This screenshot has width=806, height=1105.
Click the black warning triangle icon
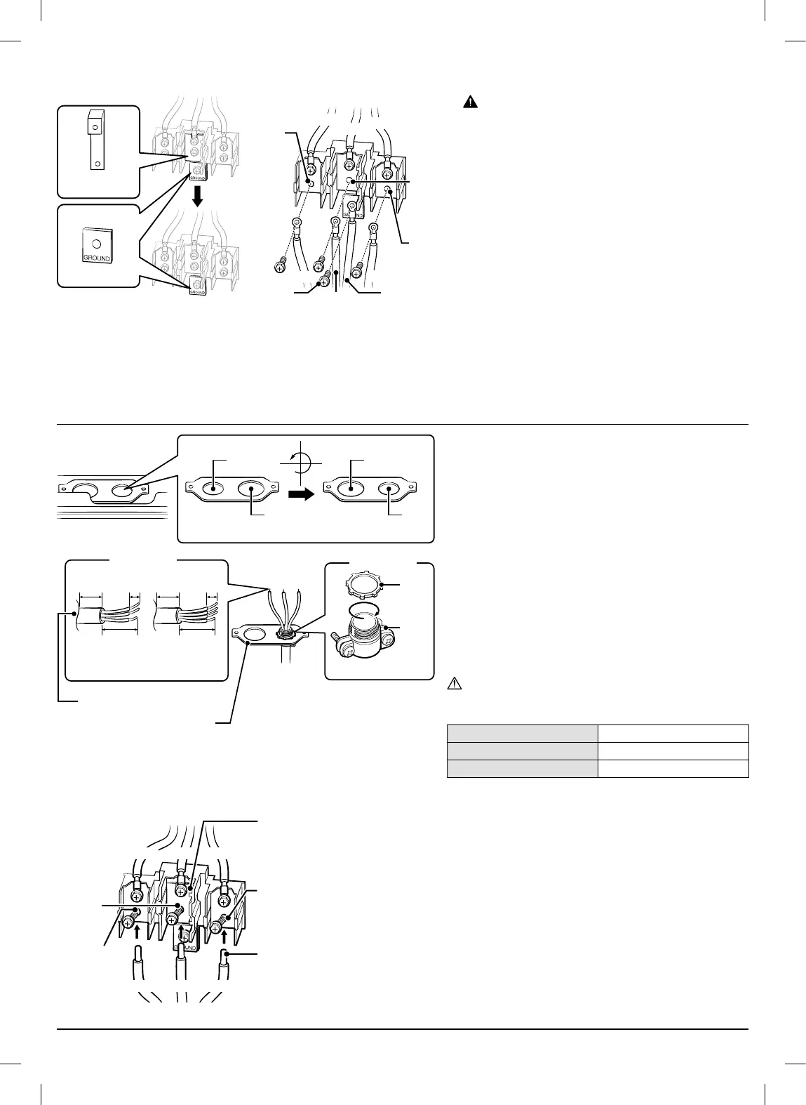tap(469, 102)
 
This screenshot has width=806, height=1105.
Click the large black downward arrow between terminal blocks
tap(198, 196)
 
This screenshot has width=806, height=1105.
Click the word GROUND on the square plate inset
tap(98, 258)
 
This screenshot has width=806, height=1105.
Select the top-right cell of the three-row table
tap(673, 734)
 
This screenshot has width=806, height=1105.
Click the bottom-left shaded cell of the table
tap(522, 769)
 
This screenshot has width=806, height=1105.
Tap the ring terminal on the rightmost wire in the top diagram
tap(373, 227)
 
